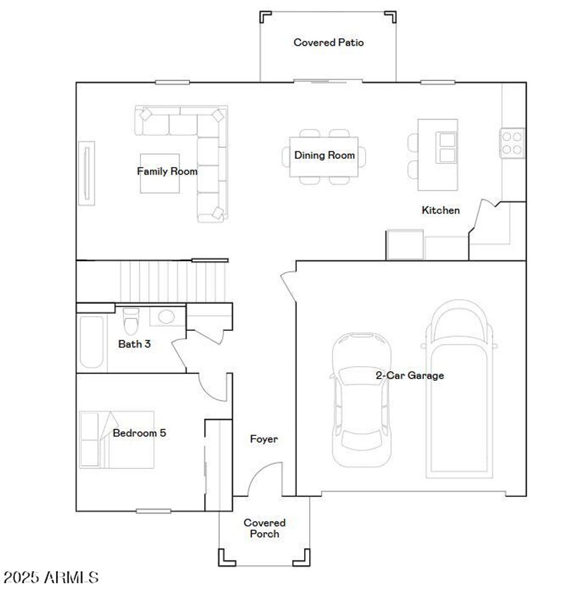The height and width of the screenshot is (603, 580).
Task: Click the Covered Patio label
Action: click(328, 43)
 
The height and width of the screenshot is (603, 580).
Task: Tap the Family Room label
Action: click(167, 171)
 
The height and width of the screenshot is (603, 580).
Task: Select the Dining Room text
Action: click(324, 155)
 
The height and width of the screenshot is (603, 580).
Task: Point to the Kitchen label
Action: click(441, 210)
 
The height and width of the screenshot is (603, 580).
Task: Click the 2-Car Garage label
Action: click(410, 375)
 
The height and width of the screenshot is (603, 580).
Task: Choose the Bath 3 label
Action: click(134, 343)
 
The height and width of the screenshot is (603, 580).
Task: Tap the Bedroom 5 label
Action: click(139, 433)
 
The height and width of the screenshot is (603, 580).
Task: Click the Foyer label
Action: click(264, 439)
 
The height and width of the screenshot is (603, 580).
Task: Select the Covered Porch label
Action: click(265, 528)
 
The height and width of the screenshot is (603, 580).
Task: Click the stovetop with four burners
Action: click(511, 143)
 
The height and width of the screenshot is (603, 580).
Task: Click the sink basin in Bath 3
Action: click(167, 316)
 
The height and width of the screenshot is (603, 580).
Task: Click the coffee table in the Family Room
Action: click(160, 173)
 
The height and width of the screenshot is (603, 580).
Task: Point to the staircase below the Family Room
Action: click(170, 281)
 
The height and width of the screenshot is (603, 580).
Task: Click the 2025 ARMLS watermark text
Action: click(51, 577)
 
